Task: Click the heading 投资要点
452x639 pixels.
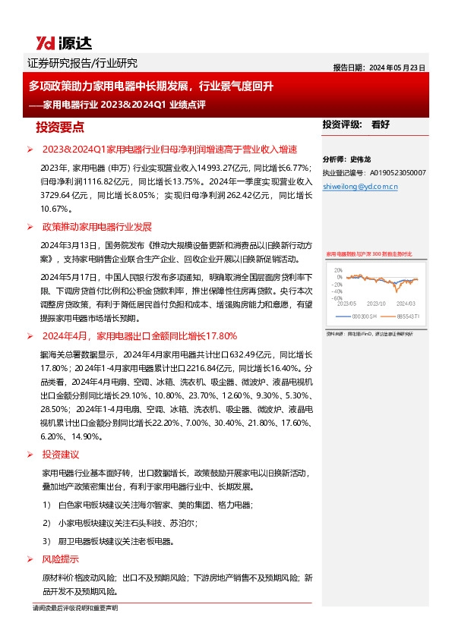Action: click(60, 127)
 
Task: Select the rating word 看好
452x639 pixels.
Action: click(380, 124)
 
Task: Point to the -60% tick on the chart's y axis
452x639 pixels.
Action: click(337, 298)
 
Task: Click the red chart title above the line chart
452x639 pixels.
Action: click(369, 254)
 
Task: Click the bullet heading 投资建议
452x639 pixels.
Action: click(61, 455)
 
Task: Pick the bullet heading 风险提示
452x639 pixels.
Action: click(61, 559)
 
